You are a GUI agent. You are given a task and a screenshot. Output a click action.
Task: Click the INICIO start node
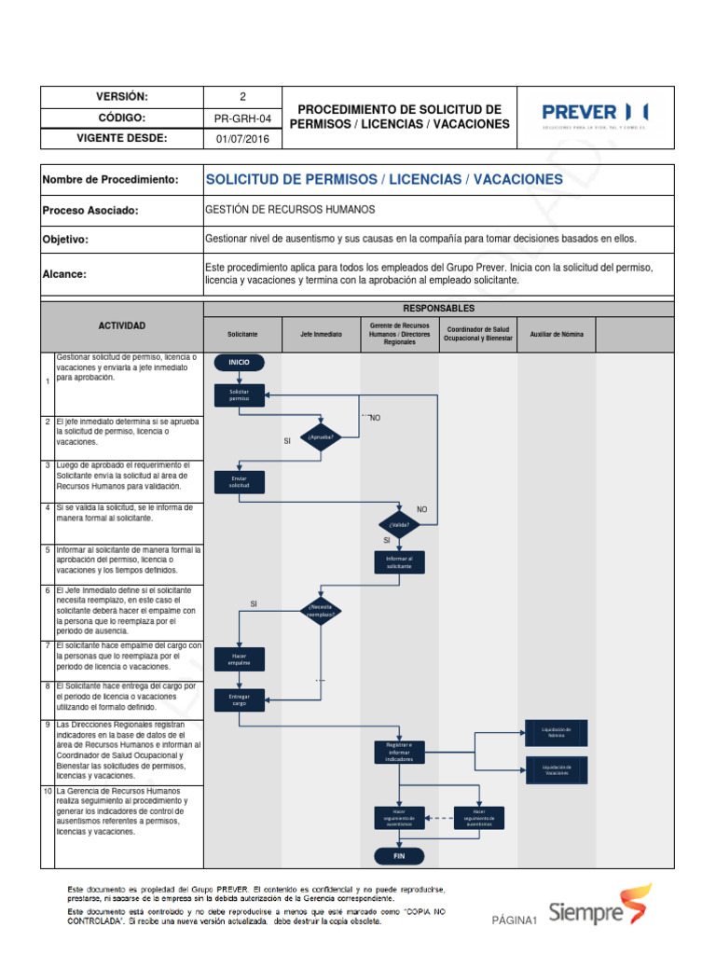click(240, 362)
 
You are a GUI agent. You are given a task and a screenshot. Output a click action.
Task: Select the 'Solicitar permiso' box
click(240, 394)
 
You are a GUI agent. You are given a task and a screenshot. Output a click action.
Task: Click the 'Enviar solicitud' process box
click(240, 482)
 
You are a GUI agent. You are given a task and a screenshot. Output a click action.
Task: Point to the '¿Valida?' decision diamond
click(399, 524)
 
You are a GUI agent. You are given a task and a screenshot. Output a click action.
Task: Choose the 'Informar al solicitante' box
click(399, 562)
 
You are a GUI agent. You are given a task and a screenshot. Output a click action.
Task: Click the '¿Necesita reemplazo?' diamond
click(319, 612)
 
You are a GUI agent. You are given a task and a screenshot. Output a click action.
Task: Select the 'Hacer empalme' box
click(240, 658)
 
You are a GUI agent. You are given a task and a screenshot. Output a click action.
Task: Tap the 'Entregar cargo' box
click(240, 699)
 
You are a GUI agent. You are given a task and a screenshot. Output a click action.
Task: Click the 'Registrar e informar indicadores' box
click(399, 752)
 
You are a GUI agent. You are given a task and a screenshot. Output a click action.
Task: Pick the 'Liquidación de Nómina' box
click(557, 732)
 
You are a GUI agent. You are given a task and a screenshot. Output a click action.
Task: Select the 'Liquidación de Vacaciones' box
click(557, 769)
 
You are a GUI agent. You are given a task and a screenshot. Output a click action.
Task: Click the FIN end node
click(399, 855)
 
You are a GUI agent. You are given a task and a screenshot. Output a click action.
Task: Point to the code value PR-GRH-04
click(242, 118)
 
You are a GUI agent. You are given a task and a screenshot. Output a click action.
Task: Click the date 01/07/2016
click(242, 139)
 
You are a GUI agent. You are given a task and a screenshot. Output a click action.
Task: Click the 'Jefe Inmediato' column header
click(321, 334)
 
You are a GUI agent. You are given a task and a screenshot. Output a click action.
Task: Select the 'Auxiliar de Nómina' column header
click(557, 334)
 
